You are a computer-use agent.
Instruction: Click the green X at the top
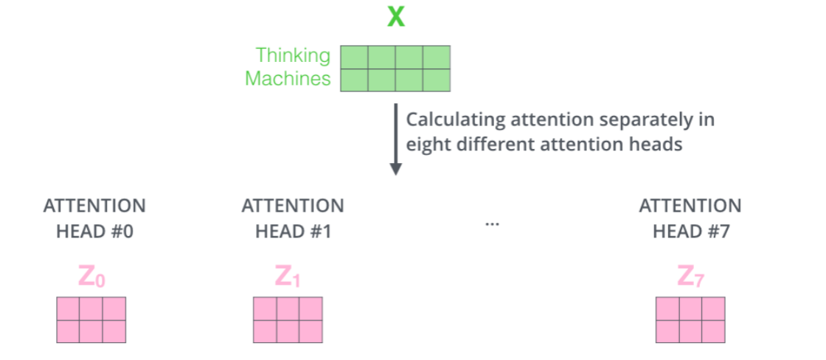click(x=396, y=16)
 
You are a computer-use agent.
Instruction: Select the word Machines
click(x=288, y=79)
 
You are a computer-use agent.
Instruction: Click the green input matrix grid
click(x=395, y=69)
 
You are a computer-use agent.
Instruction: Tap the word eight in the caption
click(x=425, y=145)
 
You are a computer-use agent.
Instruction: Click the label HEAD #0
click(x=94, y=231)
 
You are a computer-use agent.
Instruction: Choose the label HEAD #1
click(x=292, y=231)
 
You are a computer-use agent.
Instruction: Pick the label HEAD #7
click(x=690, y=231)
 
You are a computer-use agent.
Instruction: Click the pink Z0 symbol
click(x=93, y=277)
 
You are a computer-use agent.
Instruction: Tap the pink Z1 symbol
click(x=289, y=277)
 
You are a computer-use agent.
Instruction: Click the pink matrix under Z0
click(x=91, y=319)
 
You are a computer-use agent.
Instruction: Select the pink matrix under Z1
click(x=288, y=319)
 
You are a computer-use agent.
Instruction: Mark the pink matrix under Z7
click(x=690, y=319)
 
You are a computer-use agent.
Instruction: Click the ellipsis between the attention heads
click(x=492, y=222)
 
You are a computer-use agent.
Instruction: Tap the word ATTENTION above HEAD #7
click(x=690, y=206)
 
